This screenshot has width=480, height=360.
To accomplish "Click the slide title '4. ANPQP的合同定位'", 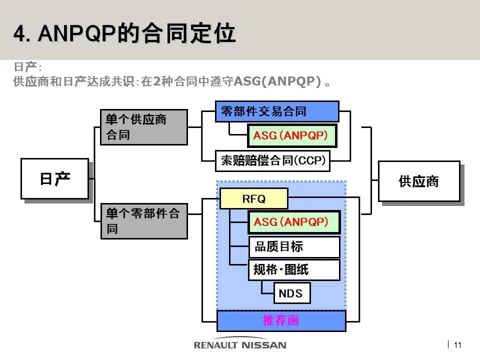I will (124, 34).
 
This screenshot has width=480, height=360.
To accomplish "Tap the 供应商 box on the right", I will (418, 181).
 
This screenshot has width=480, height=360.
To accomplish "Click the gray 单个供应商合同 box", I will (143, 127).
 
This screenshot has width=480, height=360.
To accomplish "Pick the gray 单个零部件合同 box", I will (143, 221).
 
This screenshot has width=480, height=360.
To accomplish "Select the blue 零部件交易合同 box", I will (276, 111).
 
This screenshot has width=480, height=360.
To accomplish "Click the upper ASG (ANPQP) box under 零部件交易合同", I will (292, 135).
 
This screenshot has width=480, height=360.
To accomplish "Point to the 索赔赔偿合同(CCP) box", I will (272, 160).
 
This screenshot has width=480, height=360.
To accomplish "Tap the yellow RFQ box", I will (254, 198).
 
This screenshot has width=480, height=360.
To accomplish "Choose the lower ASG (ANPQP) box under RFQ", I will (293, 222).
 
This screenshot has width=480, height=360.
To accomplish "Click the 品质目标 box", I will (294, 246).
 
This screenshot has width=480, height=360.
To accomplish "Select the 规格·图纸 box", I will (294, 270).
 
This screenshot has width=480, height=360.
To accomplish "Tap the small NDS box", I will (291, 293).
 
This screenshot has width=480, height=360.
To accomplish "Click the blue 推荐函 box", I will (281, 320).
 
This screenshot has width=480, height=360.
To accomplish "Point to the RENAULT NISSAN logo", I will (240, 344).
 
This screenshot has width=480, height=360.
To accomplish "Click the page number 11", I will (457, 344).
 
